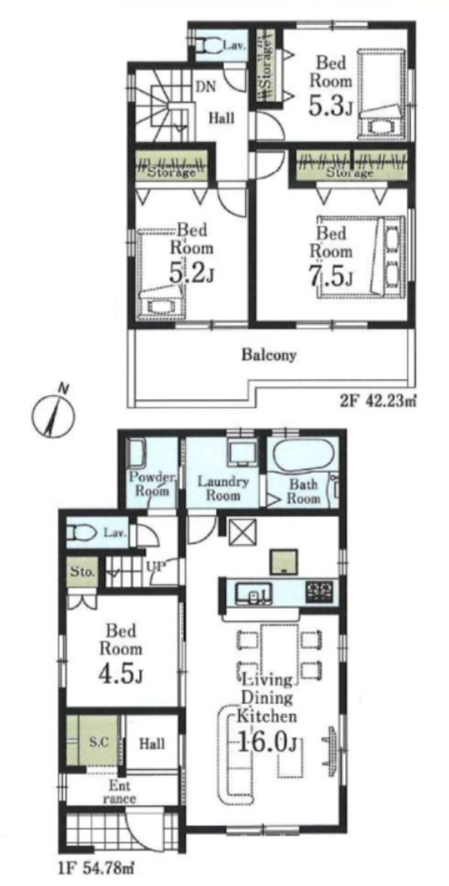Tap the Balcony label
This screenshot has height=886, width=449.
(268, 355)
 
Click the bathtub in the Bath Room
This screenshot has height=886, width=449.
(301, 455)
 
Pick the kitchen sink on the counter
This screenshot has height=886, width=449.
(253, 593)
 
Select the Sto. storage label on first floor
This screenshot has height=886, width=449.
(82, 571)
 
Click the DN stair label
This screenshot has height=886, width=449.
(206, 87)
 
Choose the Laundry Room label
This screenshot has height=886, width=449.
(223, 488)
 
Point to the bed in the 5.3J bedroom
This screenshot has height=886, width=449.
(381, 93)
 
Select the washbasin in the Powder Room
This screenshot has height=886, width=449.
(137, 453)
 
